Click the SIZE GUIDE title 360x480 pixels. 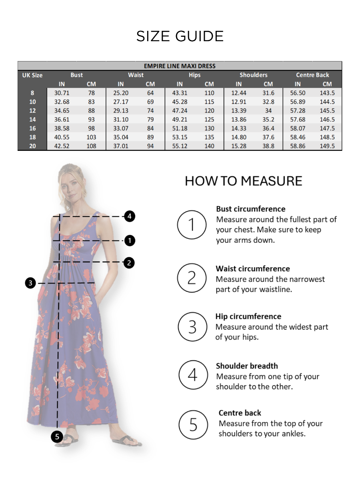[180, 36]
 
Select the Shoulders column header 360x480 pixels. [253, 75]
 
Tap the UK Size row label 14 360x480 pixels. [32, 119]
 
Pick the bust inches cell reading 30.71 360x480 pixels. [62, 93]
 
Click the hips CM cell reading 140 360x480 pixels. [209, 146]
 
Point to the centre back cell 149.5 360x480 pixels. [327, 146]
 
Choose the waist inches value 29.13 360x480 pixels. [120, 110]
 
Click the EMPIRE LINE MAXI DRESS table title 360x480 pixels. [180, 66]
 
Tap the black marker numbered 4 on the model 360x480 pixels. [129, 216]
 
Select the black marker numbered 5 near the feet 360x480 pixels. [57, 436]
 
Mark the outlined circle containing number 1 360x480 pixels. [192, 225]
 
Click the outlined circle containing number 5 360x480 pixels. [193, 425]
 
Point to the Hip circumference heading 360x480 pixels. [248, 316]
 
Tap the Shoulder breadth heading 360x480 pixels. [247, 366]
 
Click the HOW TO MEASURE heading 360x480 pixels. [243, 181]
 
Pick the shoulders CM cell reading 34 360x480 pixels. [268, 110]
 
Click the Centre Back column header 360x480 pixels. [312, 75]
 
